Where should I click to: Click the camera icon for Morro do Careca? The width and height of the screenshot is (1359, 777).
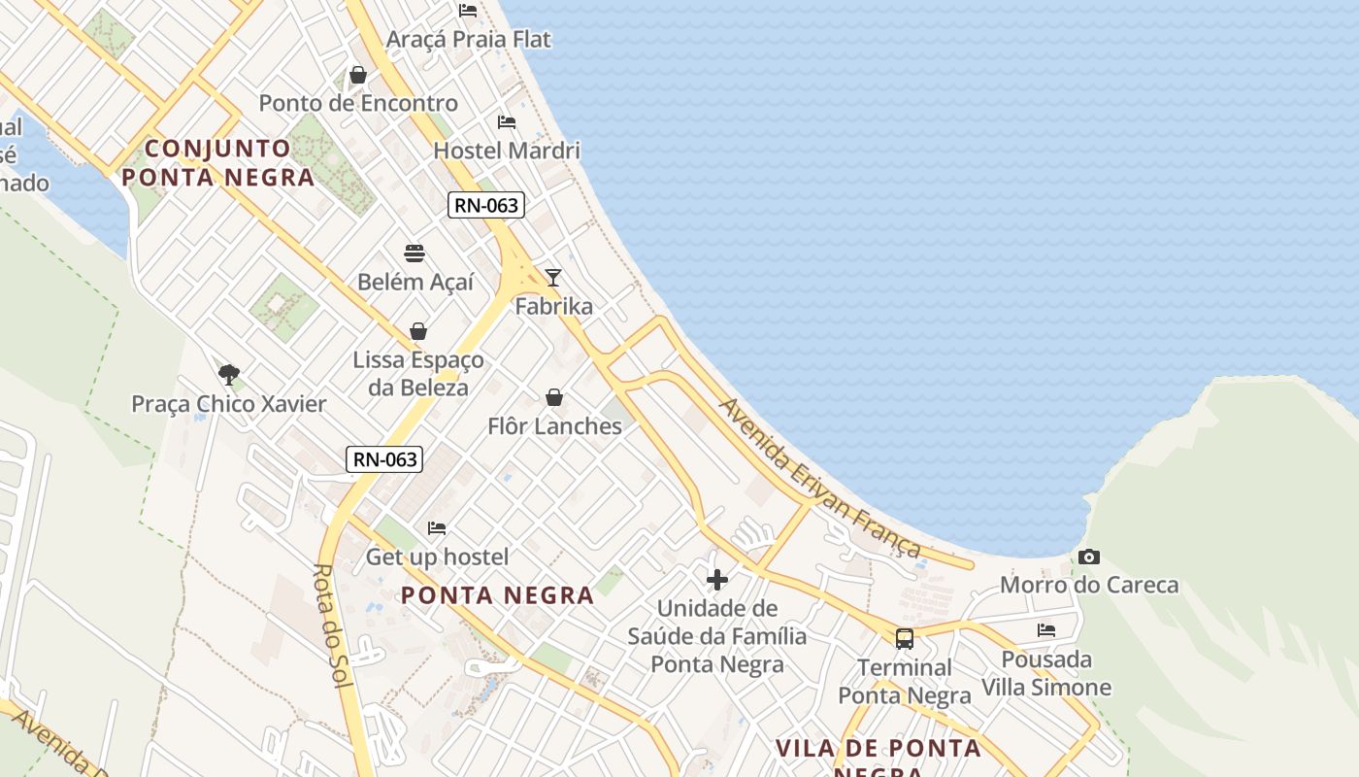pos(1089,557)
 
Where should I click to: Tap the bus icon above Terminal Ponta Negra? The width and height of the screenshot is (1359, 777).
pos(905,639)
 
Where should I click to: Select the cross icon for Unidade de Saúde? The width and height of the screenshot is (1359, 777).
pos(717,581)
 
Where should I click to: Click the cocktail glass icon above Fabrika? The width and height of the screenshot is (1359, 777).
pos(553,278)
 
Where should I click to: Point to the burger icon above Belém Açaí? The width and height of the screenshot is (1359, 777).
pos(415,254)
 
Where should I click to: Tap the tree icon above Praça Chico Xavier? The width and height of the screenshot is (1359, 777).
pos(229,375)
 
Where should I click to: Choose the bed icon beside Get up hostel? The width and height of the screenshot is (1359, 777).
pos(437,528)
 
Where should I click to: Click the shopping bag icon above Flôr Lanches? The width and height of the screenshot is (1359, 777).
pos(554,397)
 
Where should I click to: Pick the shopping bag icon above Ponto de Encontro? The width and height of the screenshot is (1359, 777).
pos(358,75)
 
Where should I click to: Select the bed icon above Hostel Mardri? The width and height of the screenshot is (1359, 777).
pos(507,122)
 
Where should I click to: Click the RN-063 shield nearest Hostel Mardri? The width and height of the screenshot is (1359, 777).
pos(486,205)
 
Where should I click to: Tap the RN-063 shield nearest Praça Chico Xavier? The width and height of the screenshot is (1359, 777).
pos(384,459)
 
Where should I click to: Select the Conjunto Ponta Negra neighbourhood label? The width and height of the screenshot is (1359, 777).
pos(218,162)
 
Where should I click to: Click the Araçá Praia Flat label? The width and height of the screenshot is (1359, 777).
pos(468,40)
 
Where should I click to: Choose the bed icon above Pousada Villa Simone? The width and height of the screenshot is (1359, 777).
pos(1046,630)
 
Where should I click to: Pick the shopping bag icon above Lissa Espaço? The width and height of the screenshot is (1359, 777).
pos(418,331)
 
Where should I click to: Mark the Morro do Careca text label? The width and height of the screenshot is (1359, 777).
pos(1089,585)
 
